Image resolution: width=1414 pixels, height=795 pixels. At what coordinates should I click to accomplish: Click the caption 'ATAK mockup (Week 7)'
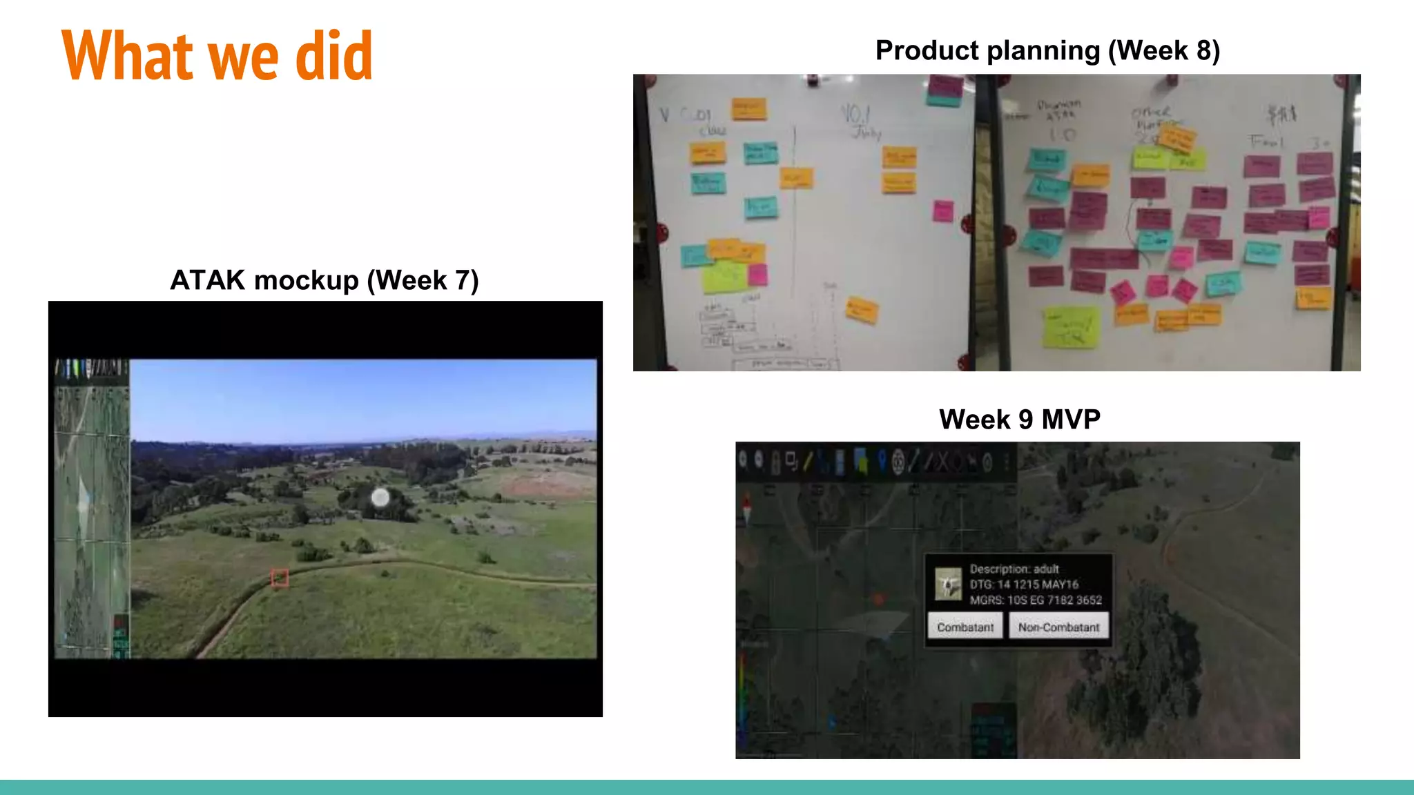pyautogui.click(x=325, y=280)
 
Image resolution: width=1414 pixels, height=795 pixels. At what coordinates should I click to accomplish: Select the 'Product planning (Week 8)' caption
pyautogui.click(x=1047, y=50)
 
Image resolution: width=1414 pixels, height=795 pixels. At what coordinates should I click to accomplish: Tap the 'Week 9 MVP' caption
pyautogui.click(x=1019, y=419)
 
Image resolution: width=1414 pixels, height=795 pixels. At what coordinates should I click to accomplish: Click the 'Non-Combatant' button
pyautogui.click(x=1058, y=627)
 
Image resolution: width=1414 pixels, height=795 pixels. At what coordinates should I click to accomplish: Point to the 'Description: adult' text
pyautogui.click(x=1014, y=569)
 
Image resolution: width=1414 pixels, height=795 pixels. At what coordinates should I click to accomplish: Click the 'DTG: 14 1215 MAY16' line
pyautogui.click(x=1023, y=584)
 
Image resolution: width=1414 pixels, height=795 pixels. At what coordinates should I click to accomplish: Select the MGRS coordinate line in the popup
pyautogui.click(x=1035, y=600)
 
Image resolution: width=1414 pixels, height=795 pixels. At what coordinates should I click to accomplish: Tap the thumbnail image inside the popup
pyautogui.click(x=948, y=584)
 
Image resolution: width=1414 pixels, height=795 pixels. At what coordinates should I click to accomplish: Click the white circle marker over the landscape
pyautogui.click(x=380, y=497)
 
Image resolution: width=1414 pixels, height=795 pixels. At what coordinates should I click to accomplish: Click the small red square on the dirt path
pyautogui.click(x=280, y=578)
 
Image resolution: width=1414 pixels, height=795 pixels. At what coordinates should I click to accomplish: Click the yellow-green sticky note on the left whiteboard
pyautogui.click(x=724, y=277)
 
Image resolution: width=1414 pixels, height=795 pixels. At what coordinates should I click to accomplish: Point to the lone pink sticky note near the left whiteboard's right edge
pyautogui.click(x=943, y=210)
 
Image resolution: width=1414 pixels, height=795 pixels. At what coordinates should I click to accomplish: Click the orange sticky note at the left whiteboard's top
pyautogui.click(x=748, y=108)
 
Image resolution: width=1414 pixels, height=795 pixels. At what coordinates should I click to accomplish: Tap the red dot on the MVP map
pyautogui.click(x=878, y=599)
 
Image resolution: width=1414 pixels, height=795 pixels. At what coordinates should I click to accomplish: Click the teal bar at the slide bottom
pyautogui.click(x=707, y=787)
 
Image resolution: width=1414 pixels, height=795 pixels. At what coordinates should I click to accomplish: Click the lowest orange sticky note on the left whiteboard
pyautogui.click(x=862, y=311)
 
